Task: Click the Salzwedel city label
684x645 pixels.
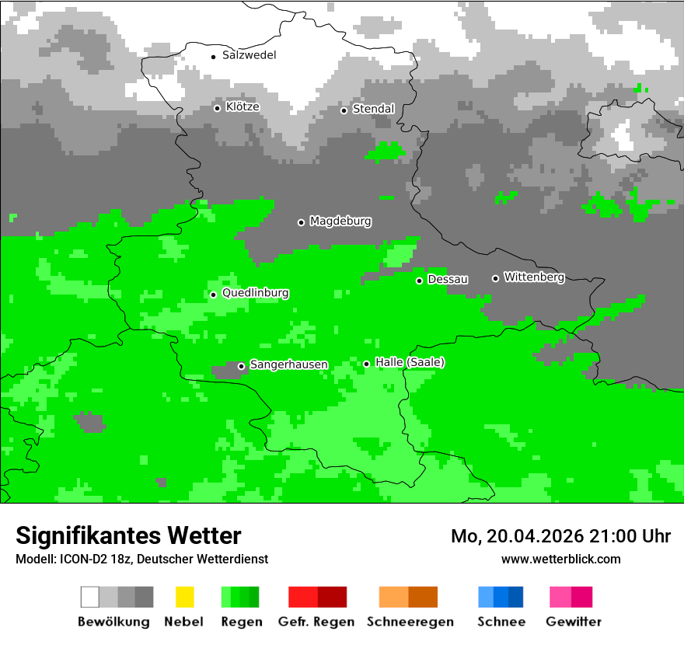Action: pyautogui.click(x=249, y=55)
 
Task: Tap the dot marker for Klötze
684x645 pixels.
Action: pyautogui.click(x=217, y=108)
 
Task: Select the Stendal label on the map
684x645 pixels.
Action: pyautogui.click(x=373, y=109)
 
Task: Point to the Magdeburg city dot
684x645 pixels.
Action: pyautogui.click(x=301, y=222)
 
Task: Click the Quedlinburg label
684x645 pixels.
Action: pyautogui.click(x=255, y=293)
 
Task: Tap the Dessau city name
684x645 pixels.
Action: pyautogui.click(x=448, y=279)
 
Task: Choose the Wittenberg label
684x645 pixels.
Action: pyautogui.click(x=534, y=277)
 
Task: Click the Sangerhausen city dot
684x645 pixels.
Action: pyautogui.click(x=241, y=366)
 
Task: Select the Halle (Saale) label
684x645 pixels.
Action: pyautogui.click(x=410, y=362)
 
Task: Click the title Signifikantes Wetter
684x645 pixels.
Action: pyautogui.click(x=128, y=535)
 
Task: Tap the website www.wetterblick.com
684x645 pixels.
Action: pyautogui.click(x=560, y=559)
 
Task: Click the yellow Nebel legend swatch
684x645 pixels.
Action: pyautogui.click(x=184, y=597)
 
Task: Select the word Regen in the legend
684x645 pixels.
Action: pyautogui.click(x=240, y=622)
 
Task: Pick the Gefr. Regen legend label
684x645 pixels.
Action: pyautogui.click(x=316, y=622)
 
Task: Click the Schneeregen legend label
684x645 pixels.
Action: pyautogui.click(x=410, y=622)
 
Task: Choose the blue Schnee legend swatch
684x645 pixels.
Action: pyautogui.click(x=501, y=597)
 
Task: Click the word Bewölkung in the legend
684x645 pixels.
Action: pyautogui.click(x=113, y=622)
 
